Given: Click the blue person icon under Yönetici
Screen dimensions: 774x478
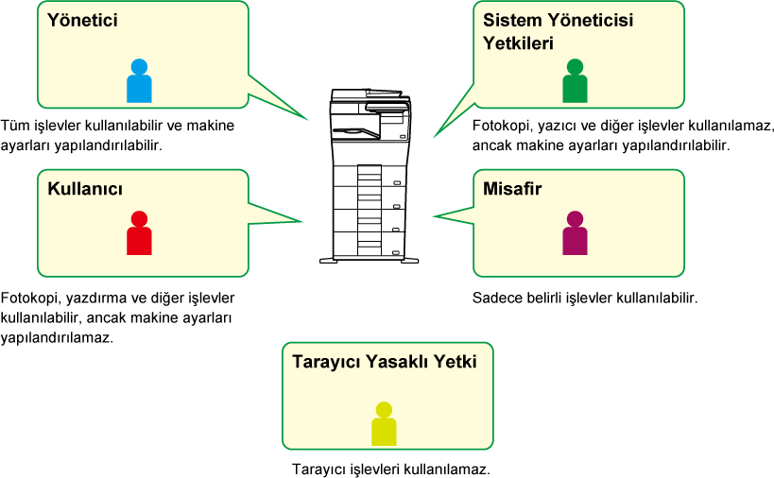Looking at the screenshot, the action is [x=139, y=81].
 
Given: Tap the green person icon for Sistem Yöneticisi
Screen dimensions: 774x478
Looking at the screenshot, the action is [x=576, y=81].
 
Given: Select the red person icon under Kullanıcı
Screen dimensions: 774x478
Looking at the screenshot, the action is [x=139, y=232].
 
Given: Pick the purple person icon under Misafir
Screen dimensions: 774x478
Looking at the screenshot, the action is [x=576, y=232].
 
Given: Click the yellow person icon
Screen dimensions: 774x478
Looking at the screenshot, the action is [x=384, y=424].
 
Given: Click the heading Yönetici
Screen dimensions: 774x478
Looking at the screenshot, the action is [x=82, y=20].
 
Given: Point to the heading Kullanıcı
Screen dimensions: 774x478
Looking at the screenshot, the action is [x=85, y=189].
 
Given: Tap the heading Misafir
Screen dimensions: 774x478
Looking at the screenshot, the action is [x=512, y=189].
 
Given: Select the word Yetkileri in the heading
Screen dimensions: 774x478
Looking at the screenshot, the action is [x=518, y=43].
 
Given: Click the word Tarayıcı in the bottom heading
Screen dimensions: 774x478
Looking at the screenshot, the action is [x=325, y=362].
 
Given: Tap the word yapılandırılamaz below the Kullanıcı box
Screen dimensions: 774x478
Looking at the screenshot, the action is [x=57, y=338].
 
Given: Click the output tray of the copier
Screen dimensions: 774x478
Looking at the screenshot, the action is [x=355, y=131].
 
